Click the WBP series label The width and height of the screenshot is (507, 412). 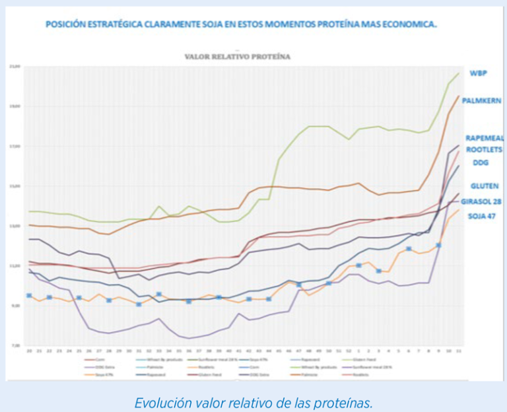[478, 73]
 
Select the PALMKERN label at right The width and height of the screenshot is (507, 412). [481, 101]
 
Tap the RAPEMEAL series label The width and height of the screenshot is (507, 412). [484, 138]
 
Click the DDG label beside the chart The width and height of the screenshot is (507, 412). [480, 162]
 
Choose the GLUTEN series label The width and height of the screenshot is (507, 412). [484, 186]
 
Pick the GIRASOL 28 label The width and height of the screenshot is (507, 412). [483, 201]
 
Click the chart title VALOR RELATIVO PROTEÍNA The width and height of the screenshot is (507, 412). [237, 57]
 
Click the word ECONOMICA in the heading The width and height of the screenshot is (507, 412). [413, 24]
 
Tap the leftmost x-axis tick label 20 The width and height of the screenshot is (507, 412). [29, 352]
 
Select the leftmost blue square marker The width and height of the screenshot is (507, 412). [29, 296]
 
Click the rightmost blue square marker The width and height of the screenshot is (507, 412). [438, 246]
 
